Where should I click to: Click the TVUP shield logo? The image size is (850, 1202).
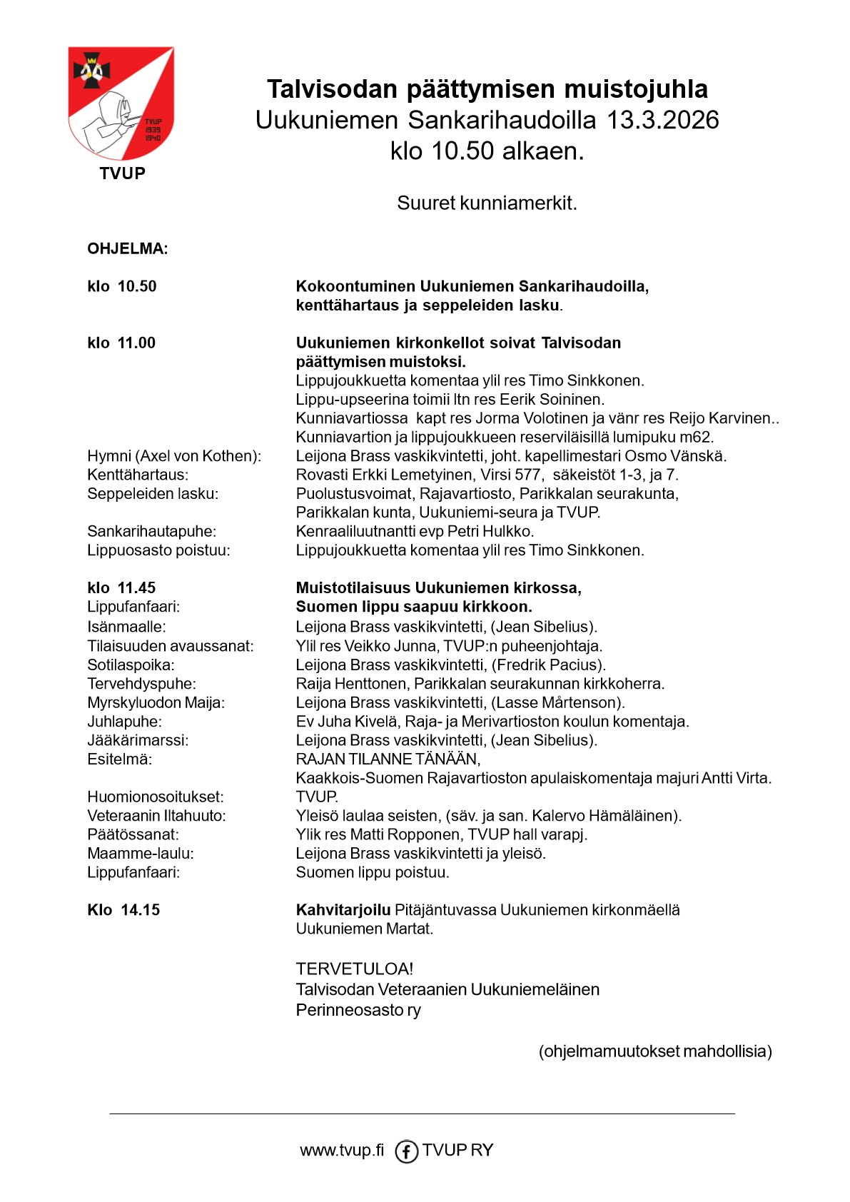coord(121,103)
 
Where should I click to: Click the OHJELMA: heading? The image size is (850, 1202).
coord(128,249)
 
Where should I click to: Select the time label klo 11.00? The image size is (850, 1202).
coord(121,343)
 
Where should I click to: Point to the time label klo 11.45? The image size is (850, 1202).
coord(121,588)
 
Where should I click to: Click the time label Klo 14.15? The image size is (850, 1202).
coord(123,910)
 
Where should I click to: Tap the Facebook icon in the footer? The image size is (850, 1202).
coord(406,1151)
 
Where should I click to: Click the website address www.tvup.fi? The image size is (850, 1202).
coord(342,1151)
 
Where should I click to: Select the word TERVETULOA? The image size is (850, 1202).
coord(355,969)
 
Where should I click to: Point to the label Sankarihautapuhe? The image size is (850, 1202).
coord(151,532)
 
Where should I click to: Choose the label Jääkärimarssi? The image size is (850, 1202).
coord(138,741)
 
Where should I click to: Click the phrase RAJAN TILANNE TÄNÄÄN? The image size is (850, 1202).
coord(388,759)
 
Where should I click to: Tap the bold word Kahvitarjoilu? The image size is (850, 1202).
coord(343,910)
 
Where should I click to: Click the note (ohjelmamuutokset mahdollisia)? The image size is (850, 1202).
coord(655,1051)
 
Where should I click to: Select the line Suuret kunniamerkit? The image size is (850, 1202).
coord(487,203)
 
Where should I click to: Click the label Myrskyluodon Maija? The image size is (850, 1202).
coord(156,703)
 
